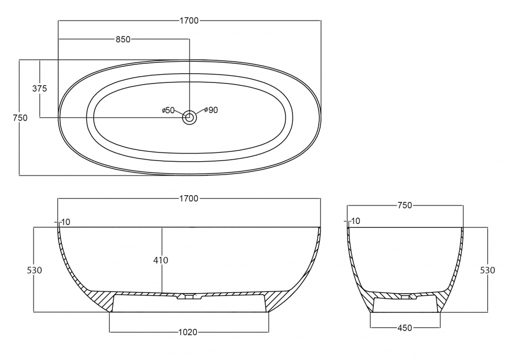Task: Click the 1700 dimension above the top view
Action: (x=189, y=21)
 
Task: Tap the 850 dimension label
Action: (x=123, y=40)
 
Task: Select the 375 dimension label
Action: (x=40, y=89)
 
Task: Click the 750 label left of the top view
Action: (x=21, y=117)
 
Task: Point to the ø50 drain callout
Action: (x=168, y=110)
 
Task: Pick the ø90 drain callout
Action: (x=211, y=110)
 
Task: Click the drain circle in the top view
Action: (x=190, y=117)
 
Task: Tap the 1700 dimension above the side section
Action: (x=189, y=199)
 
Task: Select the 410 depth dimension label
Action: (x=161, y=261)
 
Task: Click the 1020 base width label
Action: (x=188, y=332)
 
